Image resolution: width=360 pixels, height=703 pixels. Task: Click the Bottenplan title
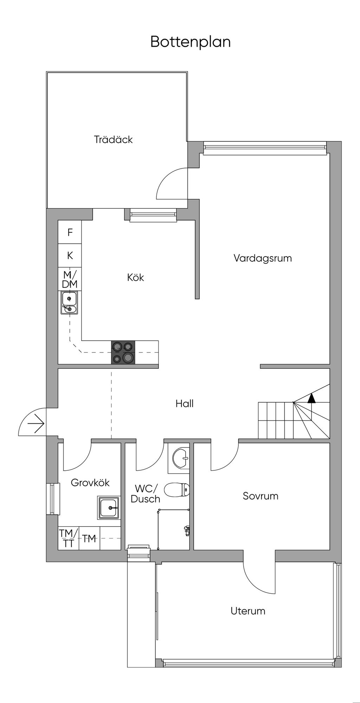(191, 42)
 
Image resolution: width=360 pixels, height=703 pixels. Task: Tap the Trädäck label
(113, 140)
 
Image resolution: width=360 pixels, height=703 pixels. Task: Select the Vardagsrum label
(263, 258)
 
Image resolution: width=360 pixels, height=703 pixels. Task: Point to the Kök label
(135, 278)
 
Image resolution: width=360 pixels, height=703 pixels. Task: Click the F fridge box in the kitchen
(70, 232)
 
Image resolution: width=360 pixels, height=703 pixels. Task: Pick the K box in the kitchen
(70, 256)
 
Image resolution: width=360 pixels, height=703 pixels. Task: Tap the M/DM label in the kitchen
(70, 280)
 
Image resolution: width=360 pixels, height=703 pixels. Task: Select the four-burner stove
(123, 352)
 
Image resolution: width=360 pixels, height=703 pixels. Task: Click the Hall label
(185, 404)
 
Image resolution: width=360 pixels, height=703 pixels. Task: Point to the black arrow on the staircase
(311, 398)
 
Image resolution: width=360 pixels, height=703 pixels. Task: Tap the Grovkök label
(90, 483)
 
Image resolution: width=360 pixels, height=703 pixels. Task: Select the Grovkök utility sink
(109, 508)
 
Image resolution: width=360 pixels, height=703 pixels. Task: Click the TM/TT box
(68, 538)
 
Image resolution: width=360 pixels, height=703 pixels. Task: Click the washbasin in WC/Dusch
(181, 459)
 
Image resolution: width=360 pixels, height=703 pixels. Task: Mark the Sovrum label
(261, 496)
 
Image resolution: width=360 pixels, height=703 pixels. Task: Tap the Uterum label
(248, 611)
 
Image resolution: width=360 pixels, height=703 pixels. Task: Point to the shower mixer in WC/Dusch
(187, 530)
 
